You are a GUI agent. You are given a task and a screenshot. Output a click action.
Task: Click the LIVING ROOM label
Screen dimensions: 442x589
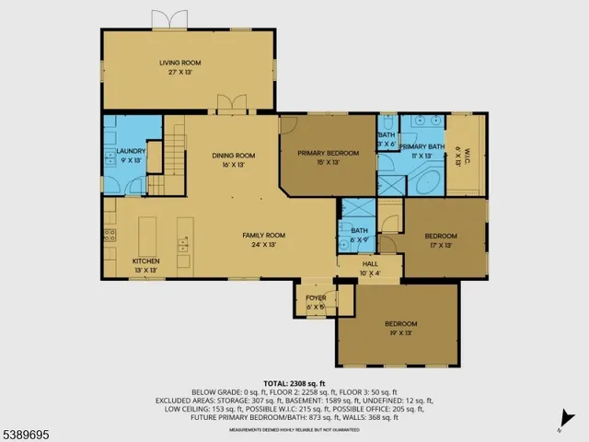[179, 63]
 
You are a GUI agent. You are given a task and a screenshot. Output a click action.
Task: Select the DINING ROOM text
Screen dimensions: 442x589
[233, 155]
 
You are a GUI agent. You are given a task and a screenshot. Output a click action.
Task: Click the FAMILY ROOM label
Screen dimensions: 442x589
[263, 236]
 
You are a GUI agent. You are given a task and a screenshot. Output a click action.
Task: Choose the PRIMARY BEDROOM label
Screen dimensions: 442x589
[328, 154]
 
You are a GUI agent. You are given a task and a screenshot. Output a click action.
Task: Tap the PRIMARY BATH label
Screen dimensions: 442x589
[422, 147]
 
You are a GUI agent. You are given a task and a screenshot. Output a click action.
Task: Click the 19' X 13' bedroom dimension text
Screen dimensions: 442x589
[400, 333]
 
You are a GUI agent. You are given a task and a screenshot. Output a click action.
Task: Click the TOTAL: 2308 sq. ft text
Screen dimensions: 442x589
[294, 382]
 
